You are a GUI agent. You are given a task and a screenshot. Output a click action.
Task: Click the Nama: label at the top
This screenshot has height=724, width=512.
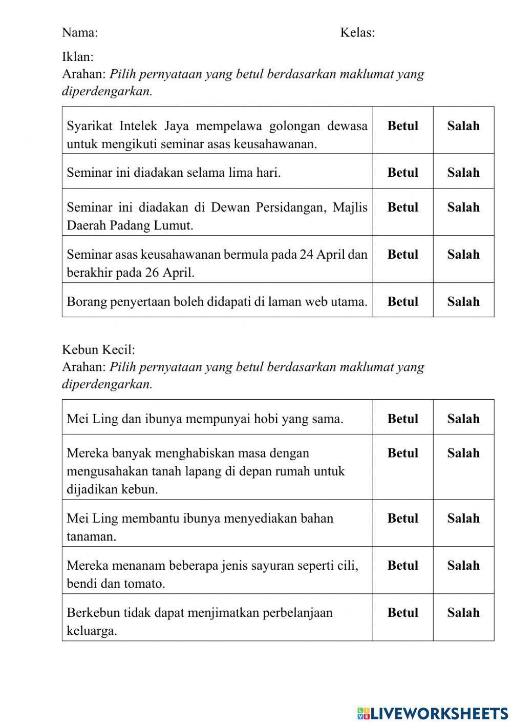click(x=80, y=33)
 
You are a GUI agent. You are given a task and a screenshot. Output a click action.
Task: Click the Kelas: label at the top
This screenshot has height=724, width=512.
click(x=357, y=33)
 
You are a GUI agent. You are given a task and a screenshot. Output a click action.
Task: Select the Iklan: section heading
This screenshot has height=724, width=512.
click(x=78, y=57)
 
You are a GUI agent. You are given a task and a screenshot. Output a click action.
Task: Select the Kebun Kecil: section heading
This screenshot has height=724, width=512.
click(x=98, y=349)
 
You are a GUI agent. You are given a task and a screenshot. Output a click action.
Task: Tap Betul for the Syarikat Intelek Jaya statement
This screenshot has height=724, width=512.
click(x=402, y=126)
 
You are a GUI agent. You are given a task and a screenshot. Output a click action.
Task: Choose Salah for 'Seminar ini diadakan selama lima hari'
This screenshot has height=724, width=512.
click(x=463, y=173)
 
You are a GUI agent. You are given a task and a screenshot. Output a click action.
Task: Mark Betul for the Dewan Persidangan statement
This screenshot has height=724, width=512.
click(x=402, y=208)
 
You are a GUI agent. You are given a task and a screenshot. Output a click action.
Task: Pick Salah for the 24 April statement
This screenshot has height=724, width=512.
click(x=463, y=255)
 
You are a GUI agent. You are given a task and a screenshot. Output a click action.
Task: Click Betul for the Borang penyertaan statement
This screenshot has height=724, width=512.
click(x=402, y=302)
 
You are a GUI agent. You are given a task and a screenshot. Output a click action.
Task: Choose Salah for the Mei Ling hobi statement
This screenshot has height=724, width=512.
click(x=463, y=419)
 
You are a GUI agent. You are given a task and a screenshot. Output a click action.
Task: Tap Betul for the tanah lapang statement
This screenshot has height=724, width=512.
click(x=402, y=453)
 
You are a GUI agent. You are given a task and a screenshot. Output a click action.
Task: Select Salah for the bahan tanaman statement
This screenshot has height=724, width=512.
click(x=463, y=518)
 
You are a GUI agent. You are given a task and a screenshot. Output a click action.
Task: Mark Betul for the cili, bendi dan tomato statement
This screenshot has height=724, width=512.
click(x=402, y=565)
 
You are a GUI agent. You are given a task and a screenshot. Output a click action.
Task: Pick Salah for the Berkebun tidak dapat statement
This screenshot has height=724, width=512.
click(x=463, y=612)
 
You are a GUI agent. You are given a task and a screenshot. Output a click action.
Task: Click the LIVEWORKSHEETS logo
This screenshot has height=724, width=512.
click(x=433, y=713)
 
